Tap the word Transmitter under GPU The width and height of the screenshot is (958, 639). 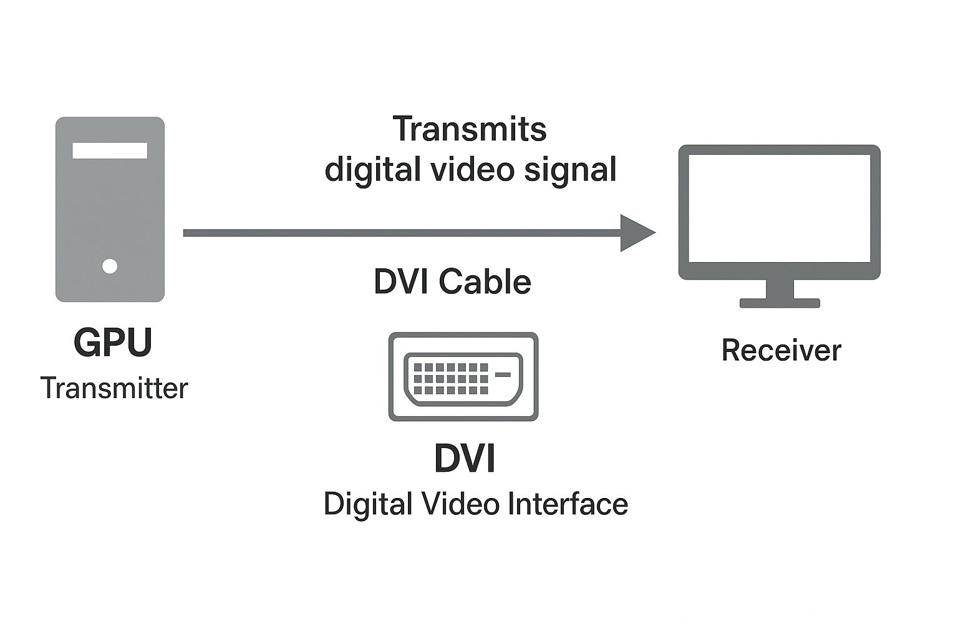tap(114, 388)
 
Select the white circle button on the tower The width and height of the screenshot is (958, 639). tap(110, 266)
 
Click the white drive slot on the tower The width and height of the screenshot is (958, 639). tap(110, 150)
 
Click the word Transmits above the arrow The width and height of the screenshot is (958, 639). tap(470, 129)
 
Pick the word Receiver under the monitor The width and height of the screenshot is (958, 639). tap(781, 350)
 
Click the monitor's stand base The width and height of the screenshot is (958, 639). tap(780, 303)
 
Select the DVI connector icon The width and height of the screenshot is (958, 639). tap(463, 376)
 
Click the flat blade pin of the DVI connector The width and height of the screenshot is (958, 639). tap(503, 374)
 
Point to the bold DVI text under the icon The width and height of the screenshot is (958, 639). tap(465, 459)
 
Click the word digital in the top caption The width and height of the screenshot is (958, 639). tap(372, 169)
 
